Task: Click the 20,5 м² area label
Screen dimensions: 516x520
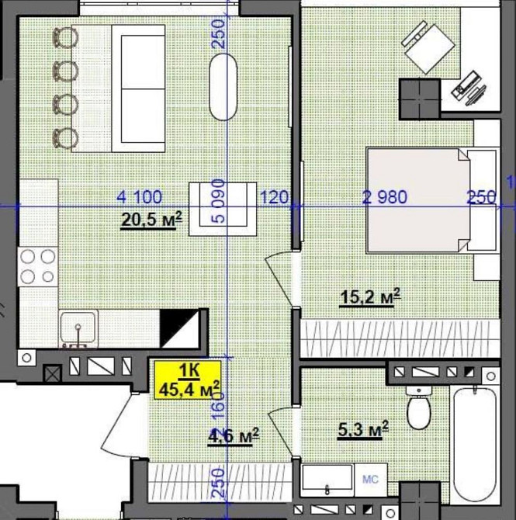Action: (x=151, y=220)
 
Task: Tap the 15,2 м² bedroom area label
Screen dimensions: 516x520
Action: (x=370, y=296)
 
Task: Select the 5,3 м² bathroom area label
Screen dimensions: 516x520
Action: (x=363, y=430)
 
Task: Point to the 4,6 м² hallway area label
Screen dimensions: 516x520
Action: (x=233, y=436)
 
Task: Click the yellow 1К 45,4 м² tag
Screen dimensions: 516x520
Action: (x=188, y=380)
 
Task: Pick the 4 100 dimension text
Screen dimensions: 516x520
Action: (x=139, y=196)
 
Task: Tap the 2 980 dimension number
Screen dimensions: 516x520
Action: (x=385, y=197)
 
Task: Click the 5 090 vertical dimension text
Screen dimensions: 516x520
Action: (x=218, y=201)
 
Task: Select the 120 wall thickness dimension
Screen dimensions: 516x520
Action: (x=274, y=197)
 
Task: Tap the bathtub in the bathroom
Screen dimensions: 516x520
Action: (x=474, y=445)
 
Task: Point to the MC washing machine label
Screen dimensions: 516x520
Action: (x=370, y=480)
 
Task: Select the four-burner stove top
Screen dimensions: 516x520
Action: (x=38, y=267)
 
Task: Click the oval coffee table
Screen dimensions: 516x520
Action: (x=223, y=87)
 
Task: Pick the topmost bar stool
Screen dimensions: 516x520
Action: (x=65, y=37)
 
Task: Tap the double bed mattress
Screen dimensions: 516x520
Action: (x=418, y=200)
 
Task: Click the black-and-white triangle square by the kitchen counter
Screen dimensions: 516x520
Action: (x=179, y=328)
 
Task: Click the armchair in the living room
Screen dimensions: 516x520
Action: (x=223, y=209)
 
